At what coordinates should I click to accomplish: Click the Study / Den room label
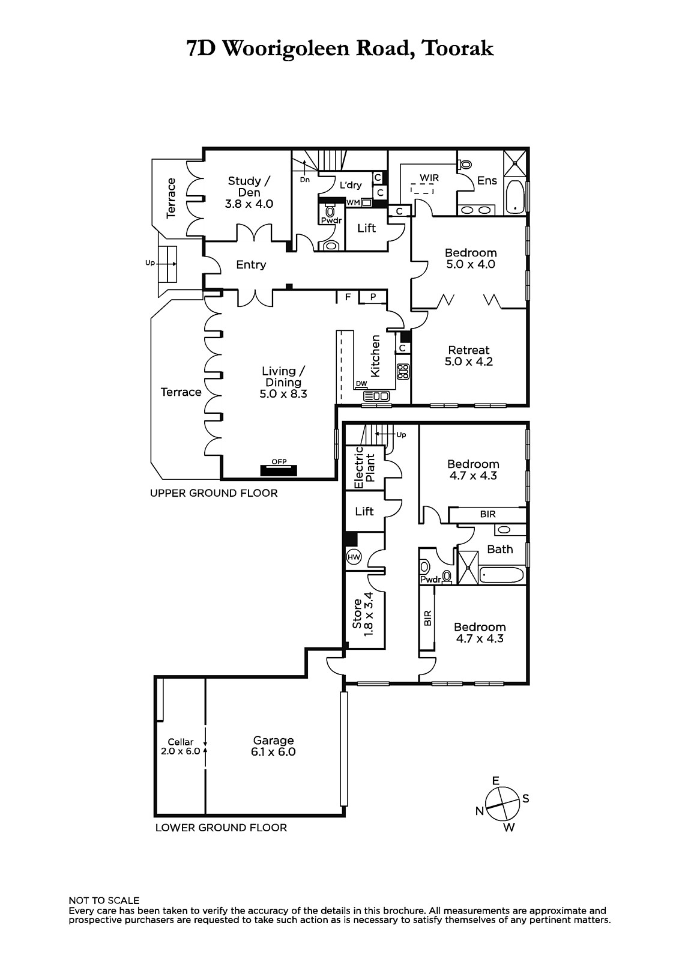click(x=249, y=192)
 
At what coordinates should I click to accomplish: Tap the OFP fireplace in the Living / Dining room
click(x=279, y=470)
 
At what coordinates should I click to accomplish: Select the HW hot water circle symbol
click(x=354, y=557)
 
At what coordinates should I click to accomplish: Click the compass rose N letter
click(x=480, y=811)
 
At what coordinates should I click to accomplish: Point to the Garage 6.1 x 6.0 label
click(x=273, y=746)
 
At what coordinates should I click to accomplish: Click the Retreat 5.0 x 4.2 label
click(x=469, y=356)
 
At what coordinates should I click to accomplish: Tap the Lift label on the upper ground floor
click(x=366, y=228)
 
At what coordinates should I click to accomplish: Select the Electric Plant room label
click(x=364, y=468)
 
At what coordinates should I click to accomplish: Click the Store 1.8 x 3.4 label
click(x=363, y=614)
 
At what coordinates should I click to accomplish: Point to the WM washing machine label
click(x=353, y=202)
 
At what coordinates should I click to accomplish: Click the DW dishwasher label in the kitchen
click(x=361, y=384)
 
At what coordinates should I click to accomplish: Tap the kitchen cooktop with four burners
click(x=403, y=371)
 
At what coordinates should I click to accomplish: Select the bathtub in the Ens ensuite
click(x=515, y=197)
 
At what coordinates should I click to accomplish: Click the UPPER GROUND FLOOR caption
click(x=214, y=493)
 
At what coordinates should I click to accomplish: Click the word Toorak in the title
click(x=457, y=49)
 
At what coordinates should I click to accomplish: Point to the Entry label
click(x=251, y=265)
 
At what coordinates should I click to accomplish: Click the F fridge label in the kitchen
click(x=348, y=297)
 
